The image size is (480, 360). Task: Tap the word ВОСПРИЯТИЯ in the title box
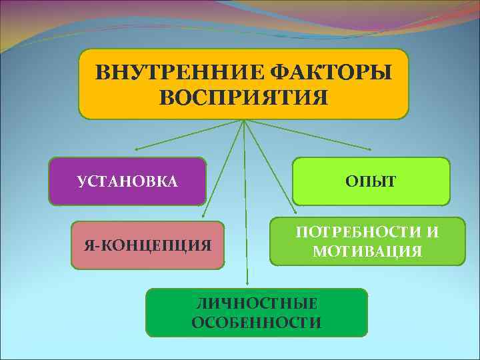tap(244, 97)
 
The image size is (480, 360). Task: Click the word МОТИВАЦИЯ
tap(367, 251)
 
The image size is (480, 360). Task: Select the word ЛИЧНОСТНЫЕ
tap(257, 304)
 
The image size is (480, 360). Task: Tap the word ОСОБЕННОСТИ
tap(257, 323)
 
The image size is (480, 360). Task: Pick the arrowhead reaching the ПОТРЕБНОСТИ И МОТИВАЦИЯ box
tap(294, 203)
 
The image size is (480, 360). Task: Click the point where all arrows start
tap(244, 121)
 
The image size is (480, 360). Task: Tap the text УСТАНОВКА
tap(127, 181)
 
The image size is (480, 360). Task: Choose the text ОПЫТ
tap(371, 181)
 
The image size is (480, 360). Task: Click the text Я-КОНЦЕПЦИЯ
tap(147, 245)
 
